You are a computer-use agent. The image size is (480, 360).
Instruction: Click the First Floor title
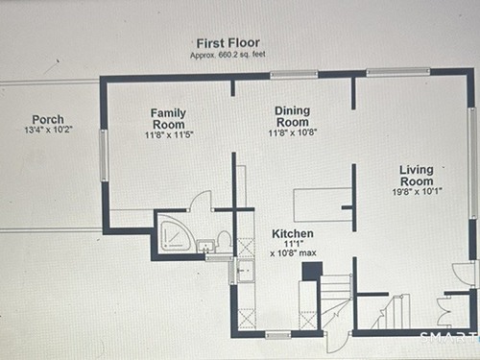228,43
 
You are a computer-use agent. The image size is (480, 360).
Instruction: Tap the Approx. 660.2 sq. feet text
228,55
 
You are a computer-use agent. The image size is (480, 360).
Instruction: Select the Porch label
48,120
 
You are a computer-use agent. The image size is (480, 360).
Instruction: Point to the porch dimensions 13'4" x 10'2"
49,130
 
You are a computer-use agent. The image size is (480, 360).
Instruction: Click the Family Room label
168,118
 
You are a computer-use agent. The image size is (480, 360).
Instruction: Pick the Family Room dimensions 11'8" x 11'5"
169,134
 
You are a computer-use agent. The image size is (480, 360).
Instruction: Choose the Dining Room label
293,116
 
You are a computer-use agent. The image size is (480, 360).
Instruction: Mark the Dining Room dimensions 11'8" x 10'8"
293,132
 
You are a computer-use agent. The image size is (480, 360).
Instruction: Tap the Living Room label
417,176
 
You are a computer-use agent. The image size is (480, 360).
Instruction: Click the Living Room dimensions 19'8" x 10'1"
418,192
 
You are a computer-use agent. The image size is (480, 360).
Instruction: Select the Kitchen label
293,233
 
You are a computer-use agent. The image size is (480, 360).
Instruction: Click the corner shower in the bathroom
176,236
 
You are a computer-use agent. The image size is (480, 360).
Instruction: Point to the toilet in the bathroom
224,241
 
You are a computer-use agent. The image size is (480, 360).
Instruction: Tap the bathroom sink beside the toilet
205,246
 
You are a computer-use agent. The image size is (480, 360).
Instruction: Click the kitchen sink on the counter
245,271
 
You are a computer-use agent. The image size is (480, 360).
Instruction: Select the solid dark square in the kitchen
312,271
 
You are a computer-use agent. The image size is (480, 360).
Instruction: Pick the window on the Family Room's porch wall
104,156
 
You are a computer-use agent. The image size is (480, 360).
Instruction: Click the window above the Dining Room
294,74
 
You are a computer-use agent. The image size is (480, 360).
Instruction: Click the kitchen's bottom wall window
278,335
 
